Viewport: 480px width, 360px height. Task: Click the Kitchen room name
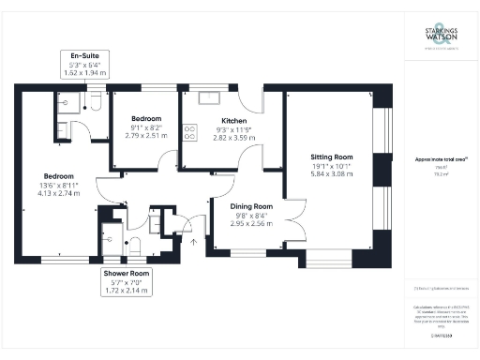click(x=234, y=121)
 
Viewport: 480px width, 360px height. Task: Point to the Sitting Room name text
click(x=331, y=157)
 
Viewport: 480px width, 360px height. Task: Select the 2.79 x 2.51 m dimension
click(x=145, y=135)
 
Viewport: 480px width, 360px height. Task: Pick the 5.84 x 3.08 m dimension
click(x=331, y=173)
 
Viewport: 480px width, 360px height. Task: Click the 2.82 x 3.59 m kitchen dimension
click(x=234, y=136)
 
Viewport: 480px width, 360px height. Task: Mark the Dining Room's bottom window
click(x=248, y=251)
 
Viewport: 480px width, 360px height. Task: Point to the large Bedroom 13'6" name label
click(x=58, y=176)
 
